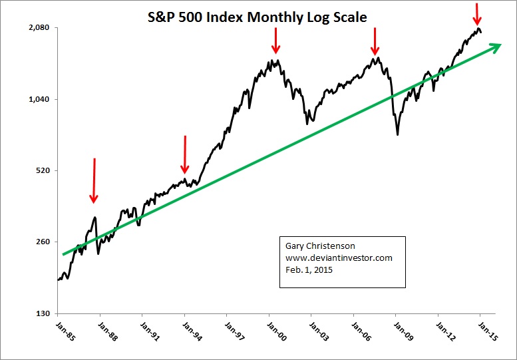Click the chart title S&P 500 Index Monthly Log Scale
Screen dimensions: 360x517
pos(257,17)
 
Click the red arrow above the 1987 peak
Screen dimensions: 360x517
pos(94,180)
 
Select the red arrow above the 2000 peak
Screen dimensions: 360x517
pos(275,40)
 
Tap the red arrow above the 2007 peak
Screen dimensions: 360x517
pos(375,41)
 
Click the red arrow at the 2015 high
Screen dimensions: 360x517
pos(477,13)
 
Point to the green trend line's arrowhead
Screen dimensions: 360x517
pos(494,47)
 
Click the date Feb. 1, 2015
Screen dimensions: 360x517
pos(309,270)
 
